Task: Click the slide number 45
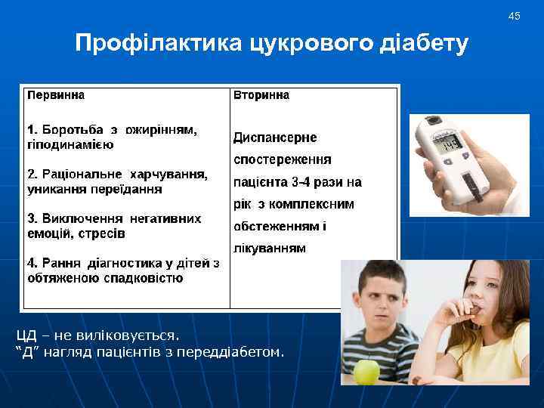[x=515, y=16]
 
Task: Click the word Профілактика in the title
[x=157, y=43]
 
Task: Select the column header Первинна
[x=56, y=96]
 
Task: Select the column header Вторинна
[x=261, y=96]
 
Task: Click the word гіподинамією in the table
[x=70, y=144]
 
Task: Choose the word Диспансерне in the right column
[x=275, y=138]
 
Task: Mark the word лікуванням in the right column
[x=270, y=248]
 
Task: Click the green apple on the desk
[x=367, y=371]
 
